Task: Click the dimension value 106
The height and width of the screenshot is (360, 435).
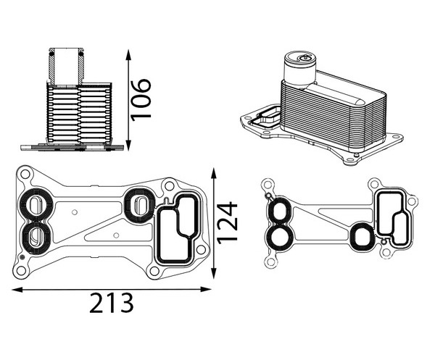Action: (x=141, y=100)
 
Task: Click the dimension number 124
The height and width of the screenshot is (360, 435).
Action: (x=227, y=223)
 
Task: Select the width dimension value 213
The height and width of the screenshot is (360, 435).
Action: (x=112, y=303)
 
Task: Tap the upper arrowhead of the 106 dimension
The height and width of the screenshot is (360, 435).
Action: (x=128, y=55)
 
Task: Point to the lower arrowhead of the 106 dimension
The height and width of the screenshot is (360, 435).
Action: (x=128, y=145)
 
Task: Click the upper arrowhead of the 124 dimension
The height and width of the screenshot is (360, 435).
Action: (x=213, y=173)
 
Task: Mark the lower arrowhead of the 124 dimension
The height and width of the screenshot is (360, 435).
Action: (x=213, y=273)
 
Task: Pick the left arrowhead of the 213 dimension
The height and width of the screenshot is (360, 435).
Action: (x=17, y=290)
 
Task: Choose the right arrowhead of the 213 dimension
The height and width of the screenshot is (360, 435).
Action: (x=206, y=289)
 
